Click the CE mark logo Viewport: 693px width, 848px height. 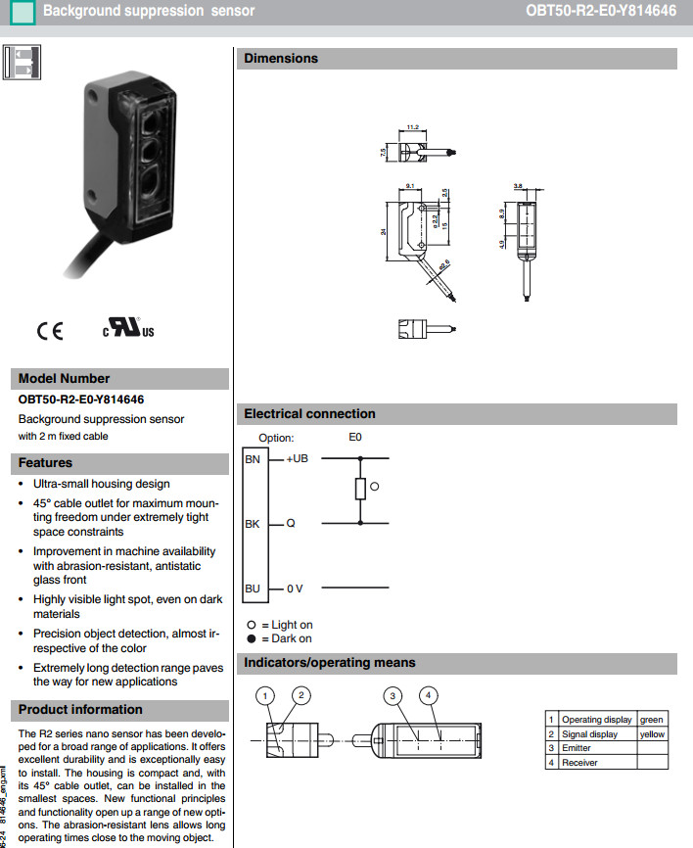point(50,331)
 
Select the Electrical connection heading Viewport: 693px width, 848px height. point(309,414)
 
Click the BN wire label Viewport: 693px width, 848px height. point(253,458)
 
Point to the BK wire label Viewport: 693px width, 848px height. point(253,524)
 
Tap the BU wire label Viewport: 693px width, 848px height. point(253,589)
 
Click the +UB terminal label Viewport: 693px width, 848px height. point(297,458)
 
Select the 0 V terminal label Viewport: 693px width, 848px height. point(295,589)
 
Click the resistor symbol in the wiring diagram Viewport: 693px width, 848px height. point(359,490)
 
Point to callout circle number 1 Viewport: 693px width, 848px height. point(264,695)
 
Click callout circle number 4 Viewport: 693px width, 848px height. point(428,695)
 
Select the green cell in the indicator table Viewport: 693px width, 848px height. point(651,720)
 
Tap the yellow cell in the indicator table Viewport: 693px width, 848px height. point(651,734)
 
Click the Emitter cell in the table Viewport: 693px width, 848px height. point(577,748)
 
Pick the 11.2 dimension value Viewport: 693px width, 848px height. point(412,127)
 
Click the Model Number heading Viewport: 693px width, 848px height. point(65,379)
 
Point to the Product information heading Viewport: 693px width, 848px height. point(80,710)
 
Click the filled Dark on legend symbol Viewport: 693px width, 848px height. point(251,638)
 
